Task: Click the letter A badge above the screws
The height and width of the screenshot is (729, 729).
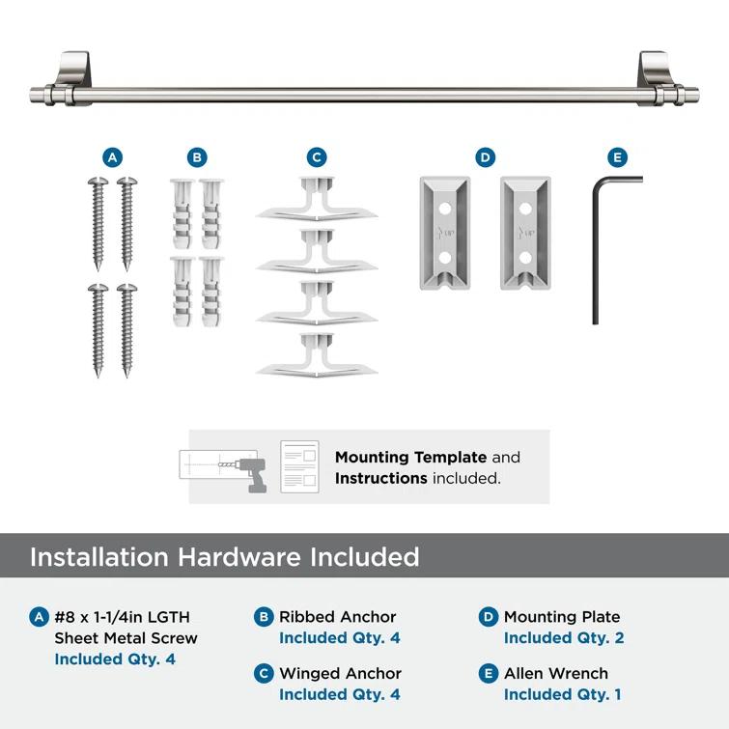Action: tap(112, 157)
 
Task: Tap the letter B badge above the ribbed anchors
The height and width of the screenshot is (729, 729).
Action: tap(196, 157)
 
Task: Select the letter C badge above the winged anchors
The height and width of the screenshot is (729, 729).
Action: tap(316, 157)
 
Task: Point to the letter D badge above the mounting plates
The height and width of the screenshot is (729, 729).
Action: tap(485, 157)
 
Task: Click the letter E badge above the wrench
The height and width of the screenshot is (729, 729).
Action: tap(616, 157)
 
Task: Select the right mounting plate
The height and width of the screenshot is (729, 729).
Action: tap(525, 233)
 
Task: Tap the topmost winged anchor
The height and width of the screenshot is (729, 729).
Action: tap(317, 200)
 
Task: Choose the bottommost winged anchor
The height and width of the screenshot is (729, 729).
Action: tap(317, 355)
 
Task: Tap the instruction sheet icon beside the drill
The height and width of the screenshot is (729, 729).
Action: tap(299, 466)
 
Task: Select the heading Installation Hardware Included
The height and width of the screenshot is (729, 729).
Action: tap(224, 557)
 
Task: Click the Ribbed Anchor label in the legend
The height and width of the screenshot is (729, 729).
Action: tap(337, 616)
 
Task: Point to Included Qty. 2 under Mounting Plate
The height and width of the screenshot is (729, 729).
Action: tap(564, 637)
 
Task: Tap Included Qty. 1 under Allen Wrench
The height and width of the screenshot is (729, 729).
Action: tap(563, 694)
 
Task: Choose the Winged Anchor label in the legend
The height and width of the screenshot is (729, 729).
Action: tap(340, 673)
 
